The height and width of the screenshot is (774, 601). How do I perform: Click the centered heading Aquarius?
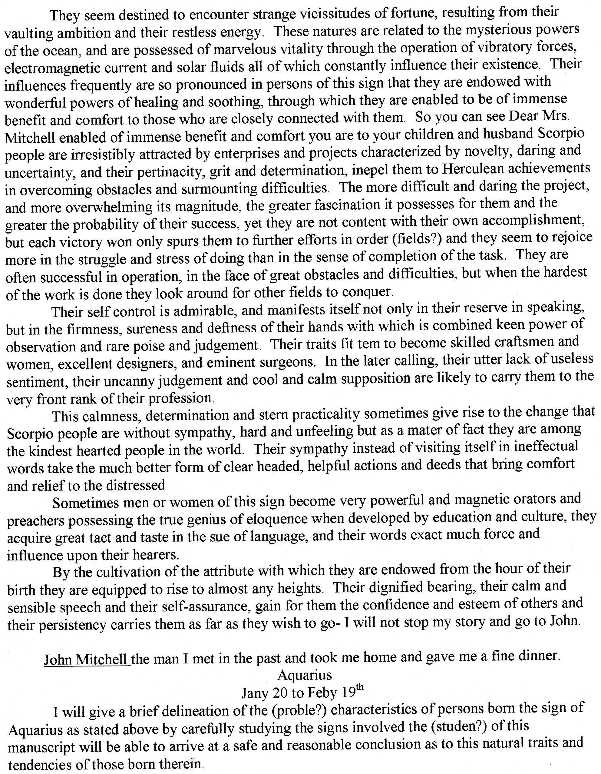[305, 675]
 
